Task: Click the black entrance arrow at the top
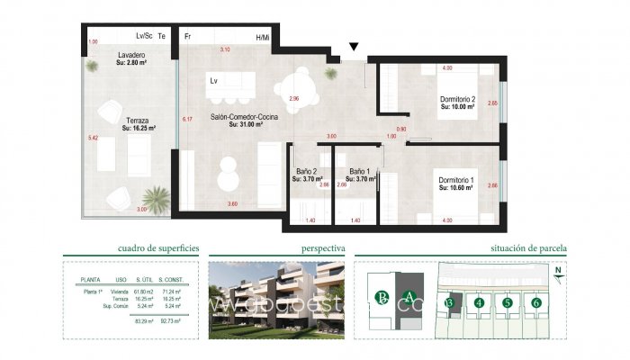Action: click(x=354, y=47)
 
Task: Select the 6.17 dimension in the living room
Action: click(x=187, y=119)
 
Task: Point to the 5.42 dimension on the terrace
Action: click(x=93, y=138)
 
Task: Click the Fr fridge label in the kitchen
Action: click(x=187, y=37)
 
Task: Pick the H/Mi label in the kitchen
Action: click(x=263, y=38)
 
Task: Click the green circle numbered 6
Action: click(x=536, y=303)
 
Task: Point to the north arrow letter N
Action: click(x=559, y=269)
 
